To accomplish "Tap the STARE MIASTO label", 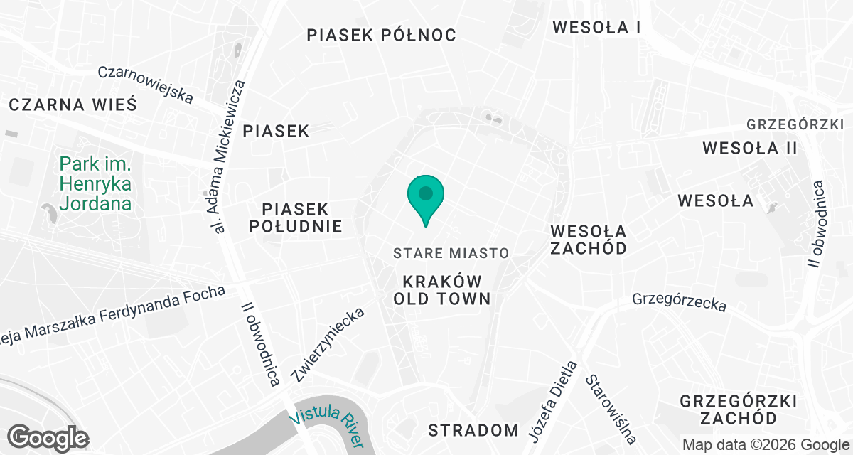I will pos(451,253).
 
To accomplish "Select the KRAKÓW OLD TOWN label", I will pos(442,289).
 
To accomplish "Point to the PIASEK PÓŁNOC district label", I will pos(381,35).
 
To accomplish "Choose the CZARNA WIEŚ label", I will pos(73,105).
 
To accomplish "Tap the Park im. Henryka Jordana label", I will pos(95,184).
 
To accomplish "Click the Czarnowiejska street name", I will pos(146,84).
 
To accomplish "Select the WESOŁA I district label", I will pos(596,28).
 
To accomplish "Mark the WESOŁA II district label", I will pos(749,149).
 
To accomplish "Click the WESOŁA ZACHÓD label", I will pos(589,240).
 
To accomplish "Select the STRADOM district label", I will pos(473,430).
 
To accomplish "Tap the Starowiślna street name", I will pos(610,409).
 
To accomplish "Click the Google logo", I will pos(48,438).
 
